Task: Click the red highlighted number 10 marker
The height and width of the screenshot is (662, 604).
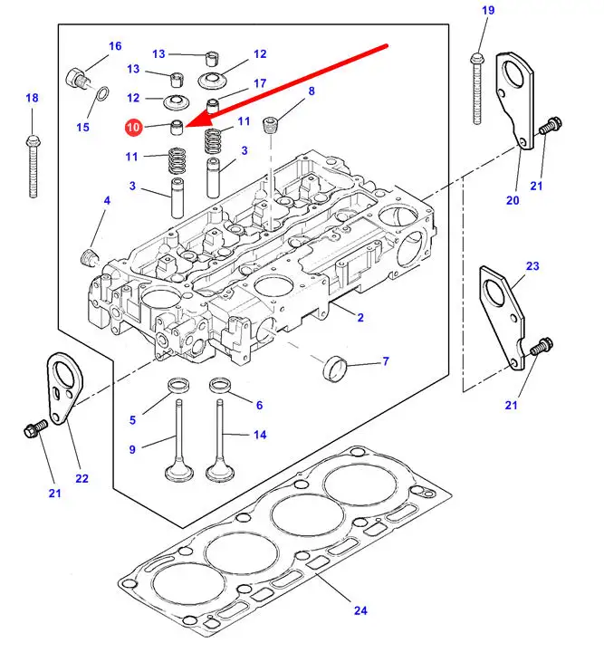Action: click(133, 128)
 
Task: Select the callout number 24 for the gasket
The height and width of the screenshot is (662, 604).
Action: click(360, 610)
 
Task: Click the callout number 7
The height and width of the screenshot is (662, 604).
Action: click(385, 361)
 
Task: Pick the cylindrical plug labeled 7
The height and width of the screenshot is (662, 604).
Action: click(335, 369)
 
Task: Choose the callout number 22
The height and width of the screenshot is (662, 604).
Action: click(82, 478)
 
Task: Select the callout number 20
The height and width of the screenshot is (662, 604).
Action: click(513, 200)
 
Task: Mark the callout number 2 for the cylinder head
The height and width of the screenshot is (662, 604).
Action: click(360, 317)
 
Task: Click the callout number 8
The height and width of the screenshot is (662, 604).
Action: click(312, 91)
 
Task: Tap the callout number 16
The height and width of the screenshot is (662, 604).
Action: click(115, 46)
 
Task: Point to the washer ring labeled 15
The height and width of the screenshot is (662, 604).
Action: click(103, 93)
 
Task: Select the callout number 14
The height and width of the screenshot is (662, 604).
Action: click(260, 435)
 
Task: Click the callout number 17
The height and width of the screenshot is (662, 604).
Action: click(260, 83)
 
